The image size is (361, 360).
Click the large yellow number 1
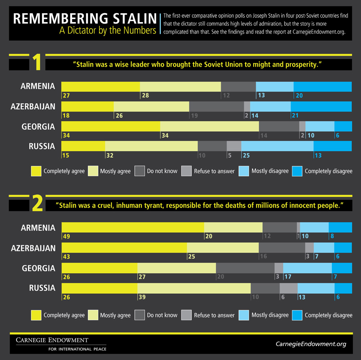37,63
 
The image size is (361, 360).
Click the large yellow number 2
37,203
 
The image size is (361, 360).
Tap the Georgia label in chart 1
38,126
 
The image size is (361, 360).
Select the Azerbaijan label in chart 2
33,248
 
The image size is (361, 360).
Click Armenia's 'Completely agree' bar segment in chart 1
100,87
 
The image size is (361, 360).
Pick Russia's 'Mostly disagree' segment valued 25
277,146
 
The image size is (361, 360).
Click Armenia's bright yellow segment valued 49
132,227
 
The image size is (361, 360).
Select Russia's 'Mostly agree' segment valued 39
194,288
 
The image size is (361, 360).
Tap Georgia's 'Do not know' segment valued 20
245,268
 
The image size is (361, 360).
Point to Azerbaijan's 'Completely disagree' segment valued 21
321,106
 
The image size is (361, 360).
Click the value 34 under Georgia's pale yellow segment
164,136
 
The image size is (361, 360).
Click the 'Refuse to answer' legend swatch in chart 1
186,171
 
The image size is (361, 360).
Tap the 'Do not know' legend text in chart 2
162,315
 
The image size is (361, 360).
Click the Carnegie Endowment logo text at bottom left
52,340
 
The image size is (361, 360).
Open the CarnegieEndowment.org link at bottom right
311,344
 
